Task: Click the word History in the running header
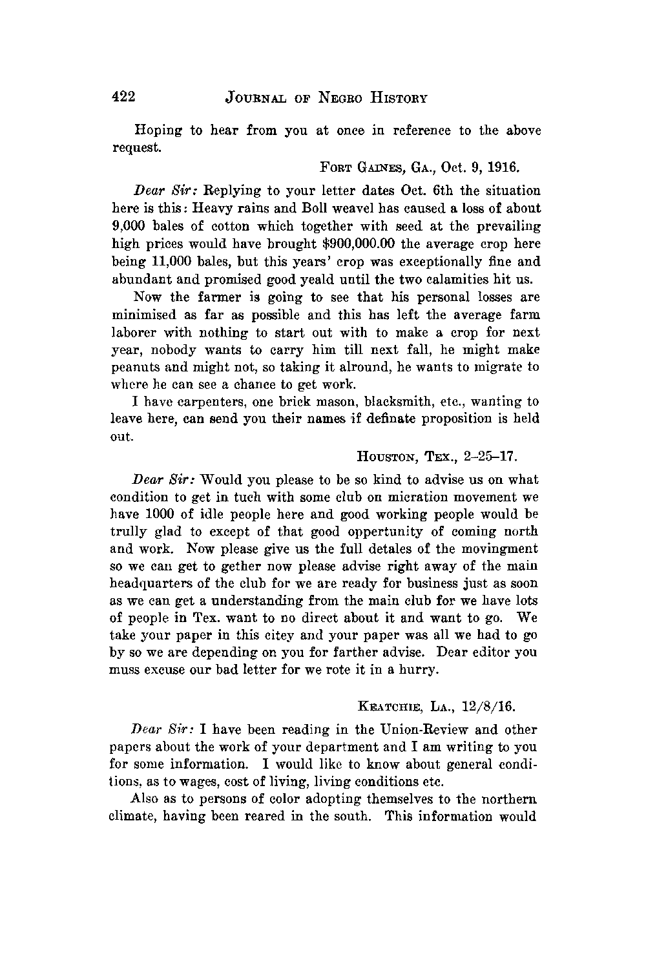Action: point(395,98)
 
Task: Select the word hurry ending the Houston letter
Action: point(420,671)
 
